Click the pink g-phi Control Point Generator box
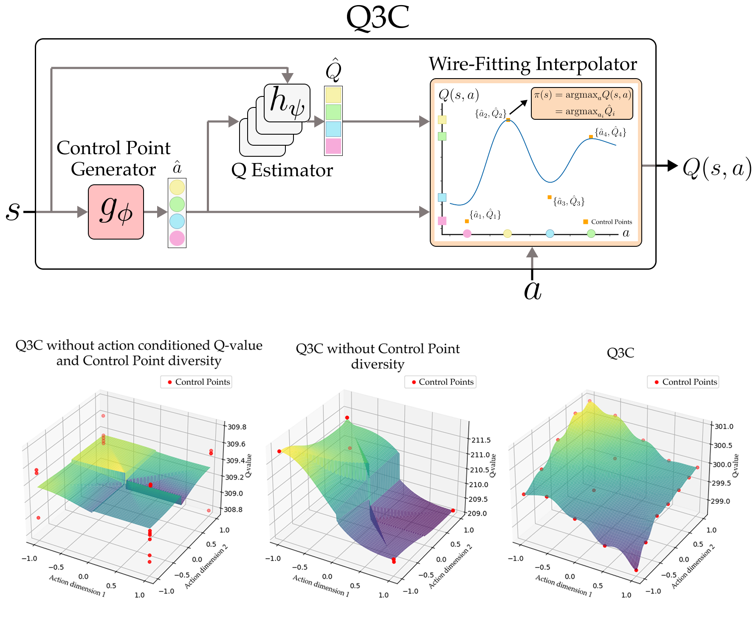point(116,212)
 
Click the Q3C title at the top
point(378,18)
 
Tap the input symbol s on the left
point(13,211)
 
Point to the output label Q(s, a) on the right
point(717,168)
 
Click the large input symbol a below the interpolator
point(533,291)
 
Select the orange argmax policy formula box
point(582,103)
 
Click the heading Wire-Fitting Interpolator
point(533,64)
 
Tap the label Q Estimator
point(282,170)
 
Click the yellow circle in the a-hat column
point(177,187)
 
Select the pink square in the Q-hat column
point(333,146)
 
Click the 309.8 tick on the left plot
point(237,427)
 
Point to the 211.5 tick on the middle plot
point(481,440)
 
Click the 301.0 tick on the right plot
point(724,426)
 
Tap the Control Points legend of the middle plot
point(440,382)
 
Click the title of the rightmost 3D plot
point(621,353)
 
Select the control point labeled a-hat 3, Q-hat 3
point(550,197)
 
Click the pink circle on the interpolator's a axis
point(467,233)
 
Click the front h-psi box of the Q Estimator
point(287,103)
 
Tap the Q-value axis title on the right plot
point(736,466)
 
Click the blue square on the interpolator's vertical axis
point(442,197)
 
